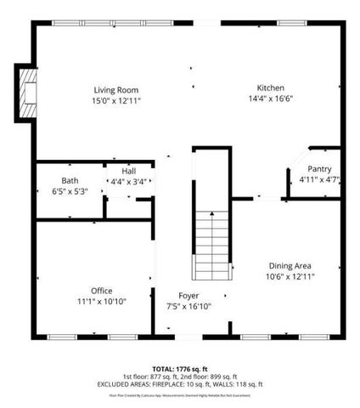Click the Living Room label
115,90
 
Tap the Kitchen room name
271,88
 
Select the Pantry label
319,168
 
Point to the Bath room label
70,179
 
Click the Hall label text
128,170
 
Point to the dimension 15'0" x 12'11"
115,101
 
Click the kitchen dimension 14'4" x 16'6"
271,99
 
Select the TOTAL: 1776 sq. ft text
180,367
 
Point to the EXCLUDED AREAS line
180,384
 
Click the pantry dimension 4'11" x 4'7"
319,179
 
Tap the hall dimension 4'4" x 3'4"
128,181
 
